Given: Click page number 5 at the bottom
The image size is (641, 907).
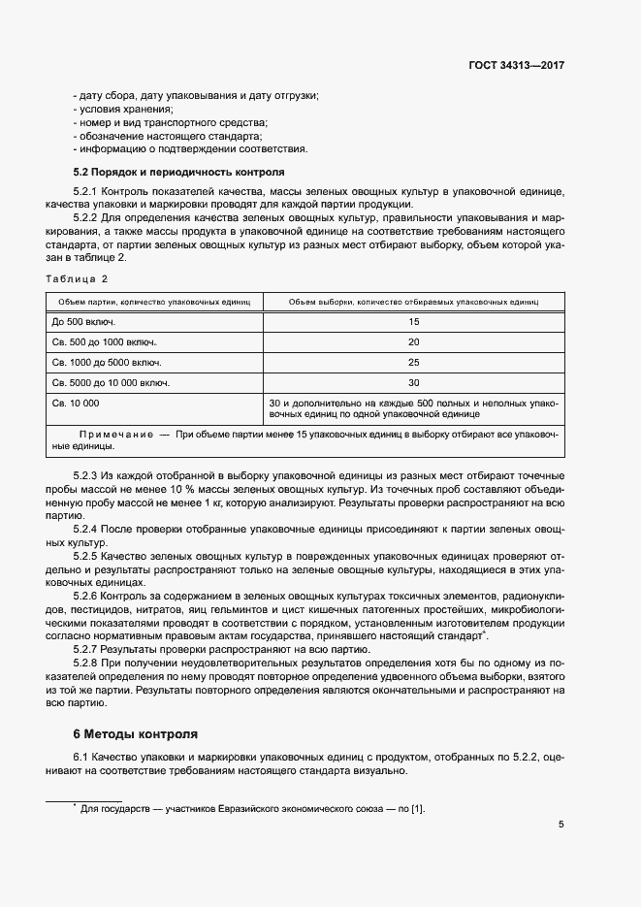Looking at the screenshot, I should [561, 825].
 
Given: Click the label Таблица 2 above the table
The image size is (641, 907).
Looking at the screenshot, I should [77, 279].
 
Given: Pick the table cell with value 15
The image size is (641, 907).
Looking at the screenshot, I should [413, 321].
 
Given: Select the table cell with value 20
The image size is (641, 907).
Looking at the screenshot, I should [413, 341].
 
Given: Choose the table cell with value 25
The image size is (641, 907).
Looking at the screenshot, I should [413, 362].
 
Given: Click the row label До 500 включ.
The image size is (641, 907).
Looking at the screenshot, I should [82, 321].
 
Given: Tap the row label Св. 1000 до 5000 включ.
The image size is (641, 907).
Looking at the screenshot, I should [107, 362].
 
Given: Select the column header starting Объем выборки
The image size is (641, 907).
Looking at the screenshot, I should [413, 302].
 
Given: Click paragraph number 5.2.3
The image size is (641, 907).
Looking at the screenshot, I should [87, 476].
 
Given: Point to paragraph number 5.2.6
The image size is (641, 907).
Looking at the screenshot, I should [87, 594].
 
